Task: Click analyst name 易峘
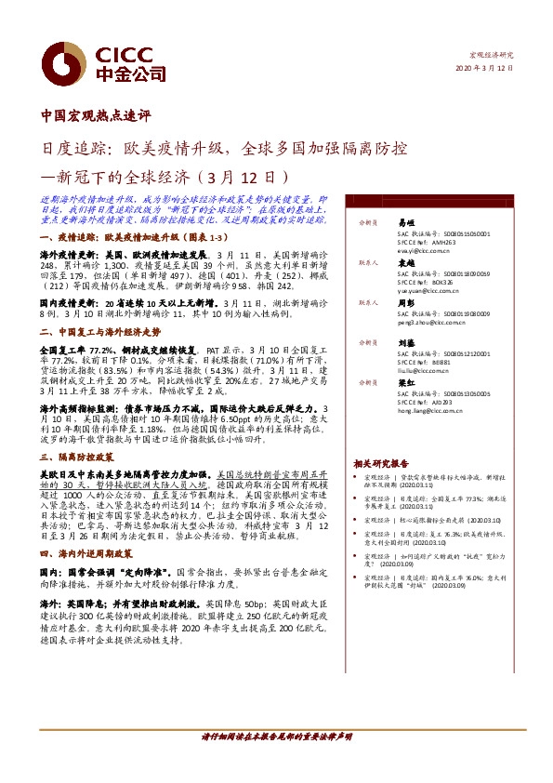pyautogui.click(x=404, y=223)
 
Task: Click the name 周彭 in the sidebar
pyautogui.click(x=404, y=303)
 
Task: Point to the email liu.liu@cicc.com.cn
pyautogui.click(x=418, y=370)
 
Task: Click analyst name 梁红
pyautogui.click(x=404, y=382)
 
